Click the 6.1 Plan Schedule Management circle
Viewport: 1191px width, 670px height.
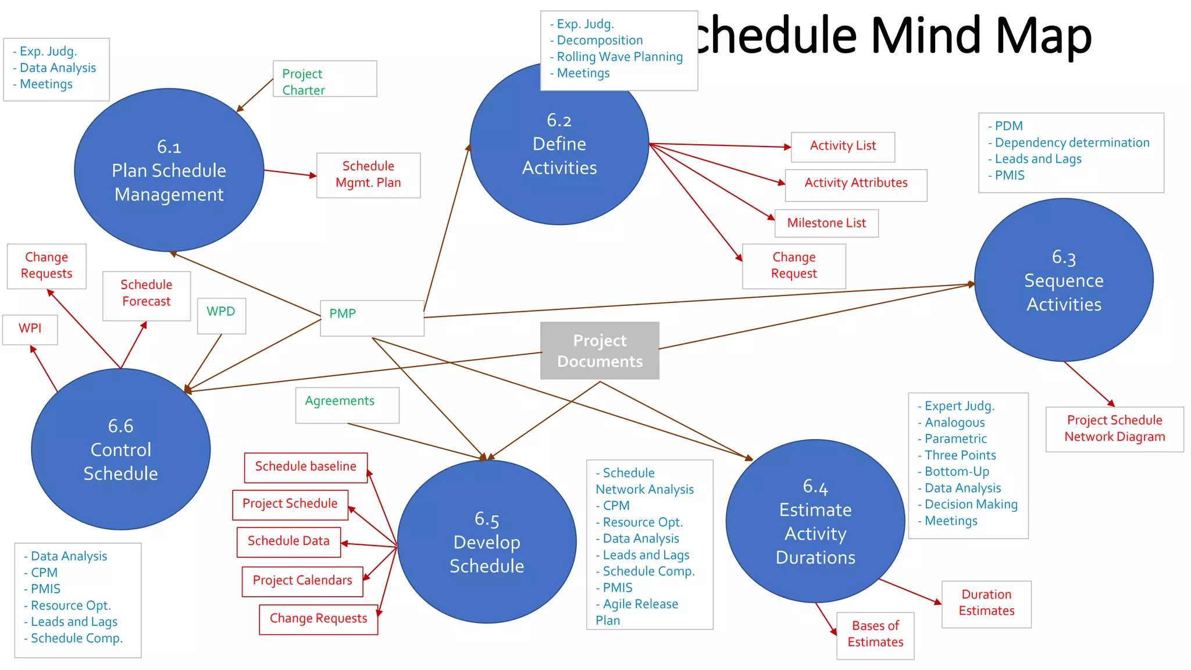coord(169,170)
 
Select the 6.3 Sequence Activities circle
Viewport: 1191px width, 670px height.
coord(1064,280)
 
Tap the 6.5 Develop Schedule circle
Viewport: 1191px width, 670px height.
coord(487,542)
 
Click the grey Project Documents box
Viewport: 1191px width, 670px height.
coord(600,351)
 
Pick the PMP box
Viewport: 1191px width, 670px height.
coord(372,318)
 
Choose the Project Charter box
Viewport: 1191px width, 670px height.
coord(325,79)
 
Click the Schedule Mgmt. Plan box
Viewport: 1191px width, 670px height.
coord(368,175)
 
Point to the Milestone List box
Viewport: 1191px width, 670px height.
coord(826,223)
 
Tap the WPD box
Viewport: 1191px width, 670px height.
coord(222,316)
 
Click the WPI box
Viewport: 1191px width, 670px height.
coord(30,329)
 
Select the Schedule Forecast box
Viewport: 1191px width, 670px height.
coord(147,295)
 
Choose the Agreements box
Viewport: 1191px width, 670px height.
coord(347,405)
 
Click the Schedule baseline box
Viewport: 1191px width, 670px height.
coord(305,468)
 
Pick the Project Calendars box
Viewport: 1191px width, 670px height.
coord(302,581)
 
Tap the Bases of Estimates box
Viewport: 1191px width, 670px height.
coord(875,635)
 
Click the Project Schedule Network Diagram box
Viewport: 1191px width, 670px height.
coord(1114,429)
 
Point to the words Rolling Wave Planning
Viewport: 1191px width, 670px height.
coord(619,57)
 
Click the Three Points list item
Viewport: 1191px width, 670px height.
coord(960,455)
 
